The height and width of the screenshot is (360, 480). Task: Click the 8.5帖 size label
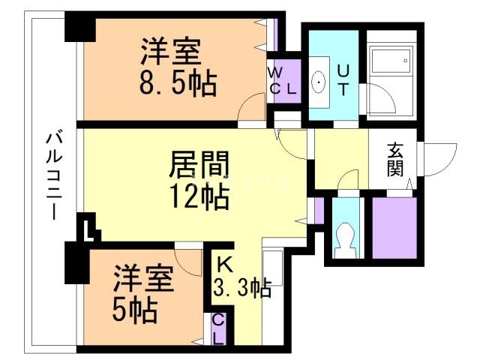(178, 83)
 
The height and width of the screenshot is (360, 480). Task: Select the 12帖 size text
(199, 196)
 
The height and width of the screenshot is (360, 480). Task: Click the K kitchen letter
(224, 264)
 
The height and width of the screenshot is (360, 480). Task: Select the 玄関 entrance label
(396, 159)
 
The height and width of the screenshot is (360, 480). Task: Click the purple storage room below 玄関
(393, 227)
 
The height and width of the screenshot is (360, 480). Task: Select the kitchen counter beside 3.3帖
(273, 270)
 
